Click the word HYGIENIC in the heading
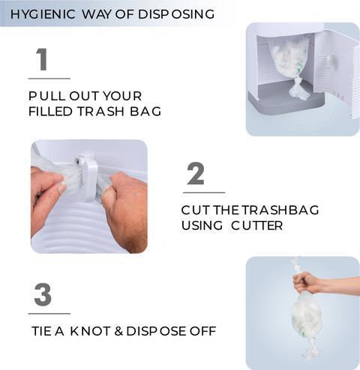(43, 14)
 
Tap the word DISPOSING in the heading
(176, 14)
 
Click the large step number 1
(42, 59)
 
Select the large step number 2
(196, 174)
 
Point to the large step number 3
(43, 294)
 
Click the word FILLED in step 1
(50, 112)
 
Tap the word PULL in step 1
(46, 96)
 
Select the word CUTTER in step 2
(256, 225)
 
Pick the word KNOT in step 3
(90, 331)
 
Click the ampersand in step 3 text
(118, 331)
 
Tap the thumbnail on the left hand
(61, 189)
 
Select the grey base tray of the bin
(285, 100)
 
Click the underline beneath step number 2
(204, 192)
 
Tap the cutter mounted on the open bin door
(329, 61)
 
